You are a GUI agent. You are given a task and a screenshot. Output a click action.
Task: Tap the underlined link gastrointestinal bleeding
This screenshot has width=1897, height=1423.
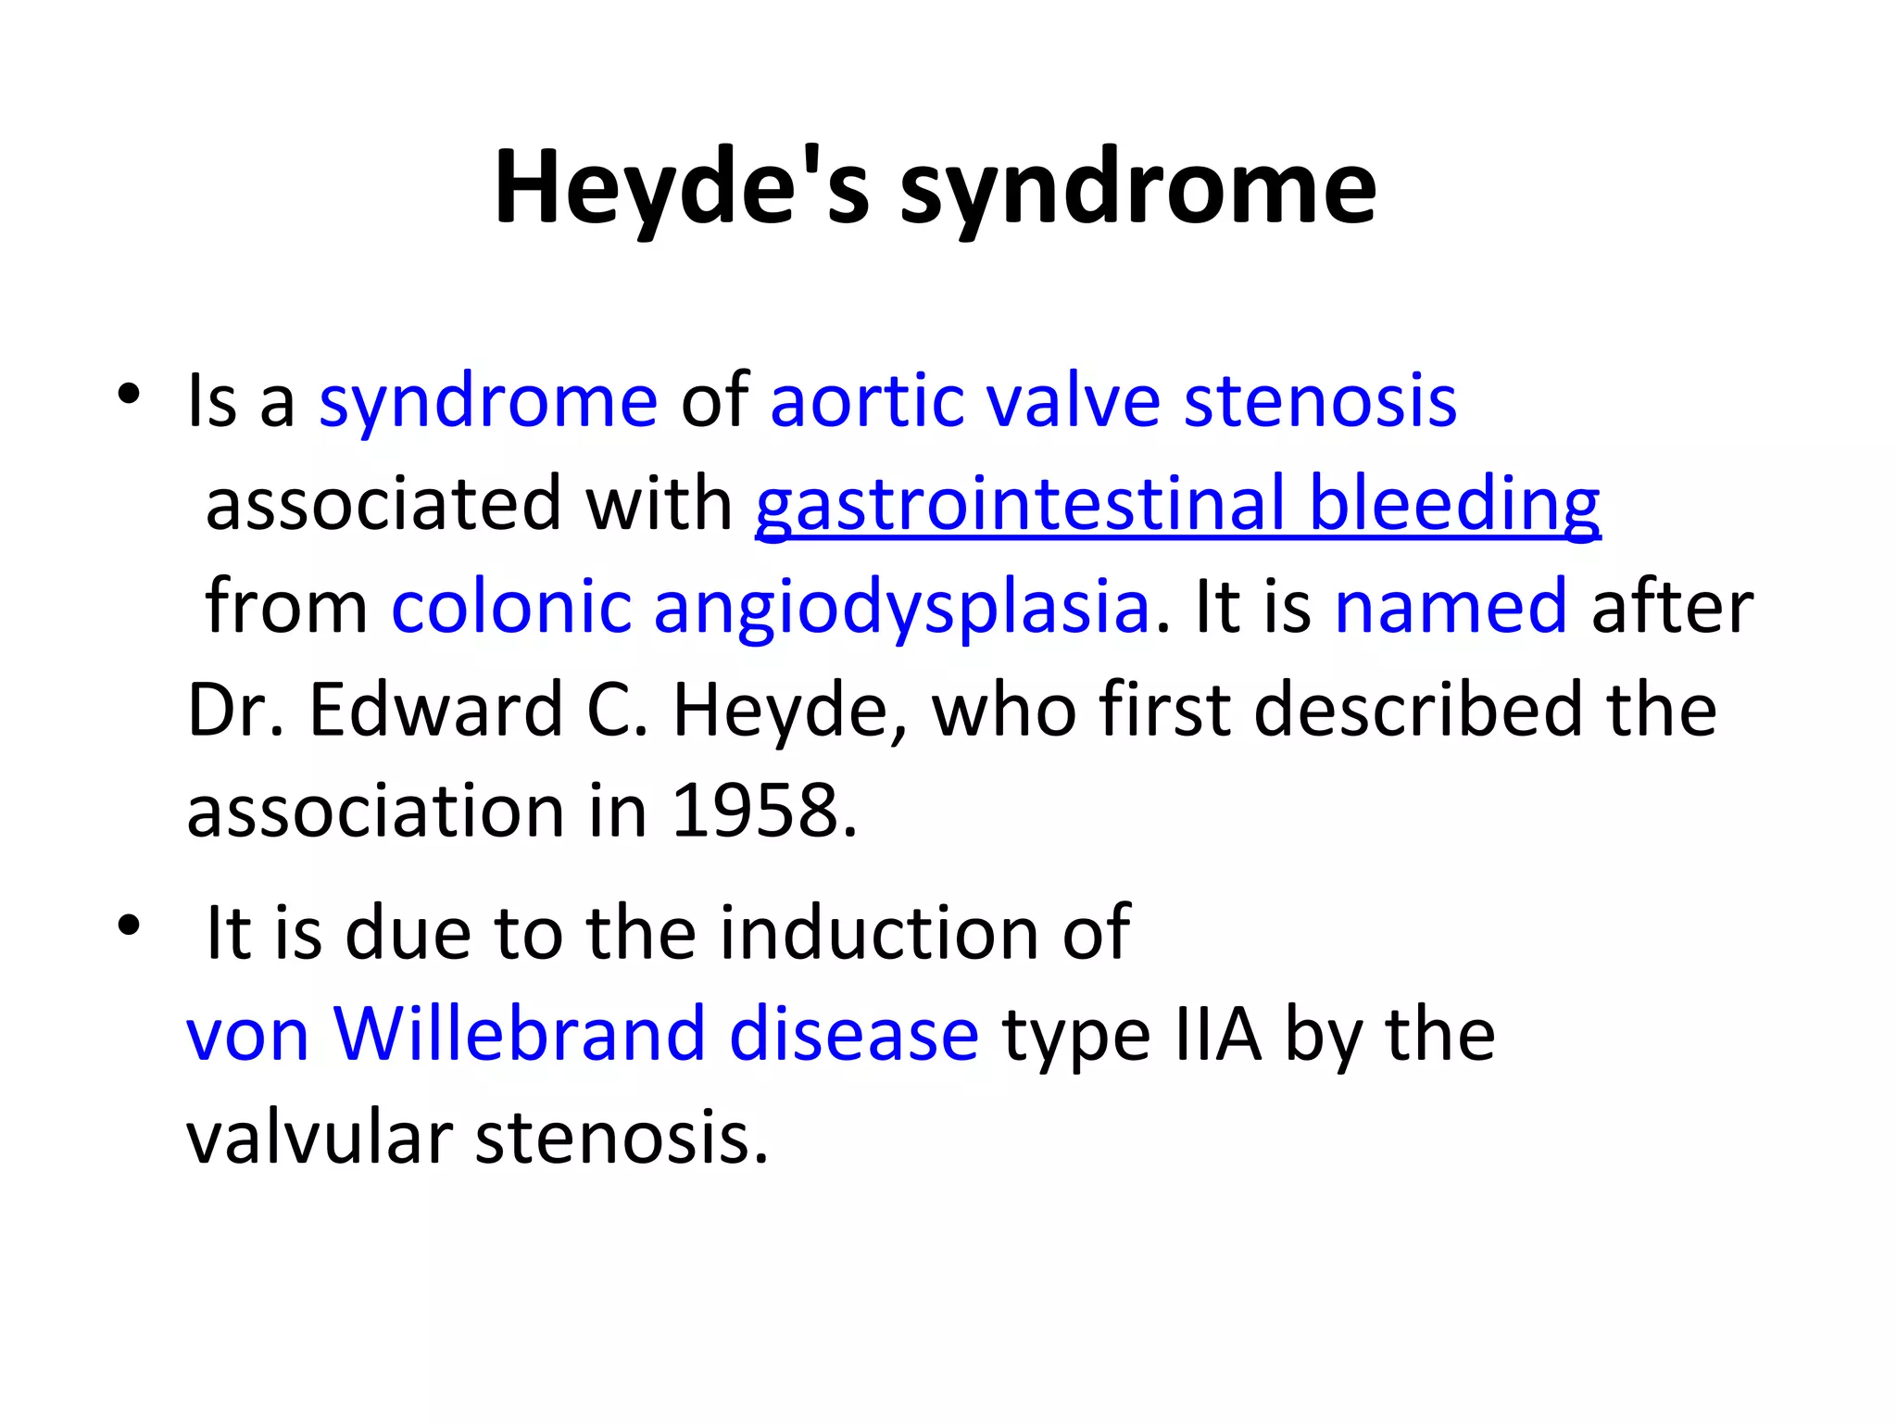click(x=1177, y=505)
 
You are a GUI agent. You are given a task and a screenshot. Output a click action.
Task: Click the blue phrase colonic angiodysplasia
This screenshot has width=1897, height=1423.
click(x=770, y=608)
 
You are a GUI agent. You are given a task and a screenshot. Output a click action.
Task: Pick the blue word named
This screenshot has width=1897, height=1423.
click(x=1451, y=608)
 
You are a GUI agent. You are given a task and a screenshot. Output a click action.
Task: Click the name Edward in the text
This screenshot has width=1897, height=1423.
click(x=435, y=710)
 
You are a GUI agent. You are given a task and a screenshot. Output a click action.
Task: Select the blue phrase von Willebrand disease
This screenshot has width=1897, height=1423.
click(x=583, y=1034)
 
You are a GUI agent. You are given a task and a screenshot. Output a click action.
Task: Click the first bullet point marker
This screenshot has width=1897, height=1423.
click(x=129, y=396)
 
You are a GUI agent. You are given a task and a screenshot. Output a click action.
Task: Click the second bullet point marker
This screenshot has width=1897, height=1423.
click(x=129, y=926)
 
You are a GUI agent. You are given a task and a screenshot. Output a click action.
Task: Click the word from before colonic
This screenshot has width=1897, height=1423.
click(x=286, y=608)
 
